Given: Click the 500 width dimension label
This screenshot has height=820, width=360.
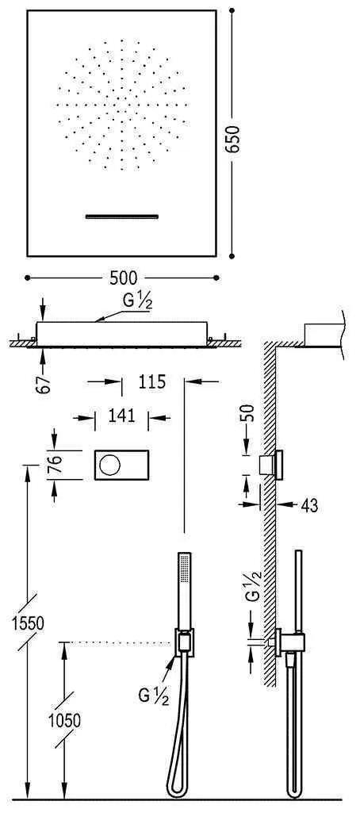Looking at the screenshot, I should (123, 278).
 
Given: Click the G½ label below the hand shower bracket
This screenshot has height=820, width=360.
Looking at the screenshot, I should (153, 696).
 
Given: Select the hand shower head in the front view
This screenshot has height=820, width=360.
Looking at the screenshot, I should (184, 571).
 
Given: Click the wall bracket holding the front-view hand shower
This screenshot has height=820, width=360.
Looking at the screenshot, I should (184, 641).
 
